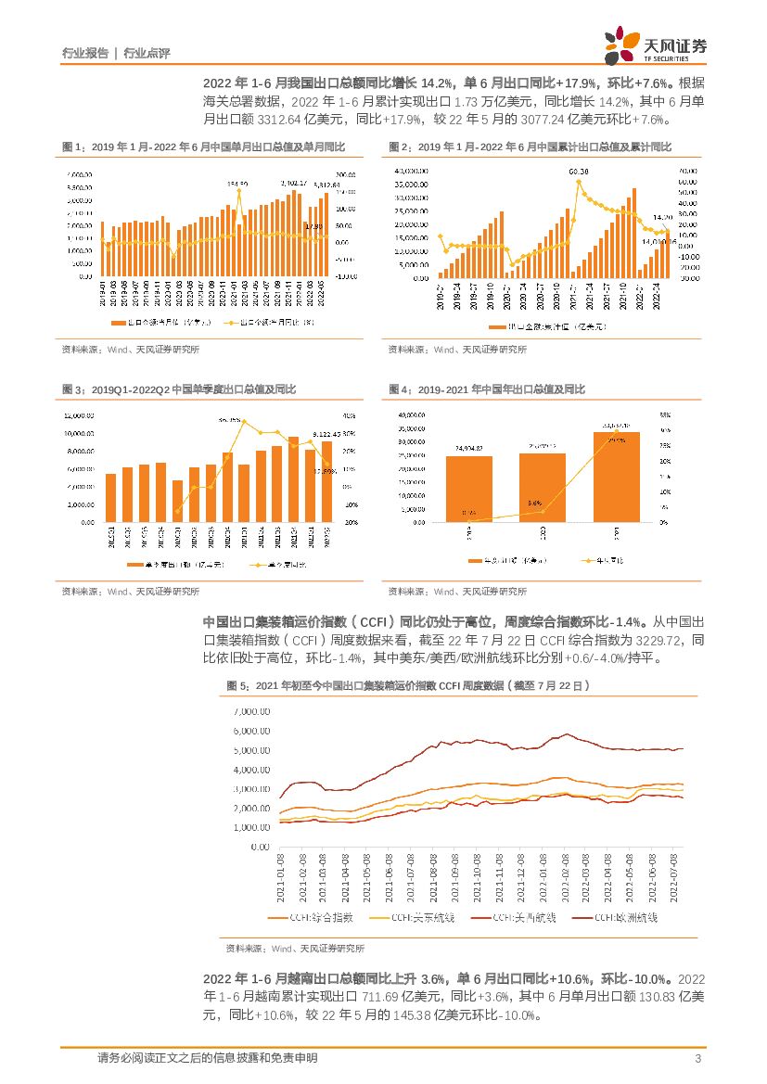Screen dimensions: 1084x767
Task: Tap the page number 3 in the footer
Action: click(697, 1058)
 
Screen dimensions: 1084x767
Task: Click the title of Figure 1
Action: click(203, 147)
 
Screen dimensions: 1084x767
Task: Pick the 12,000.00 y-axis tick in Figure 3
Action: click(79, 414)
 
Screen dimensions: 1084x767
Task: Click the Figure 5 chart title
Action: click(408, 685)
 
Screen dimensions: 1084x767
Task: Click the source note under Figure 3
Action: click(130, 591)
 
